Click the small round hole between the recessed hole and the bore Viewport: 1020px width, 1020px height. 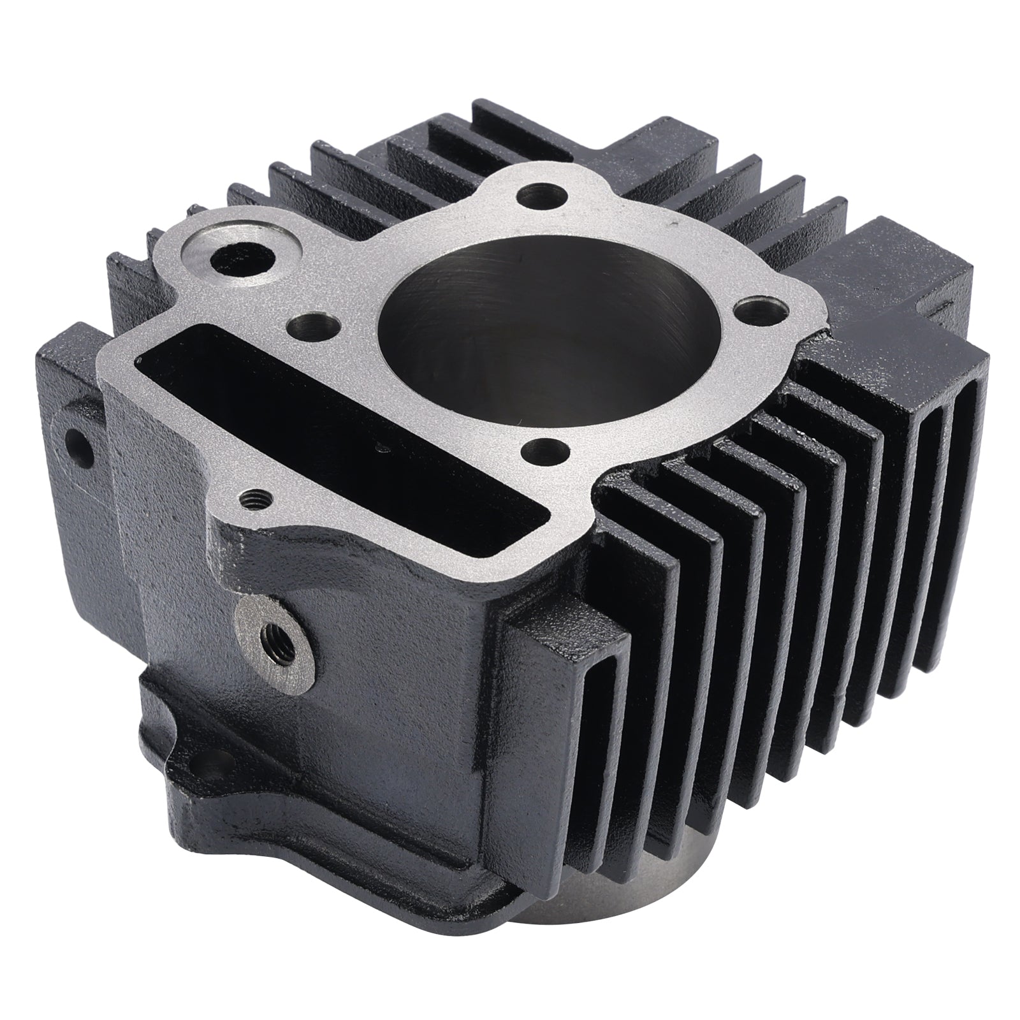311,326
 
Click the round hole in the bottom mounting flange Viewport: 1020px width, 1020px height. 225,760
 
